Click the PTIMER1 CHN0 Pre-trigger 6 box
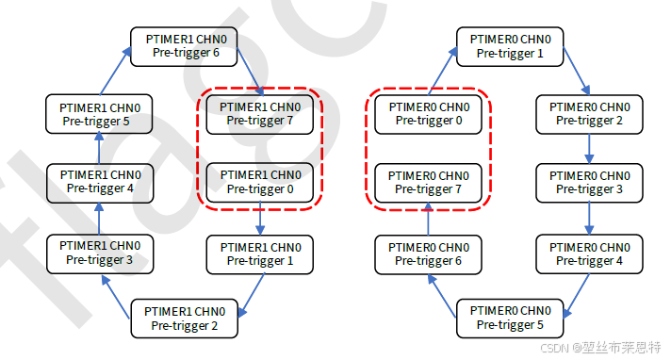(184, 45)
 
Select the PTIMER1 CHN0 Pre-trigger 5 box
(99, 114)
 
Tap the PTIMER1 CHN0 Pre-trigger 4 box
(99, 182)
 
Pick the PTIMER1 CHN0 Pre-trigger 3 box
(99, 253)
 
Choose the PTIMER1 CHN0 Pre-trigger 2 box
(185, 319)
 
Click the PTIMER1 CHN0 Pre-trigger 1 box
(259, 253)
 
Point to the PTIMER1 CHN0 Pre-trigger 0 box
(259, 182)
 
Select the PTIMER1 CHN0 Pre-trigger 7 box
(259, 114)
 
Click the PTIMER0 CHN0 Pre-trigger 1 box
(510, 45)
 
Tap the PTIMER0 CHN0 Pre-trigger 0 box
(429, 114)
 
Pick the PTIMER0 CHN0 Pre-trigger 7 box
(429, 182)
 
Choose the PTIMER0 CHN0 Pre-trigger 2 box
(589, 114)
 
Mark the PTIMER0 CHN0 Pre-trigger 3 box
(589, 182)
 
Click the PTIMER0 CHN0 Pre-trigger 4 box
(589, 253)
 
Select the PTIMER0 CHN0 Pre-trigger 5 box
(510, 319)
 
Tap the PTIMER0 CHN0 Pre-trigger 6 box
(429, 253)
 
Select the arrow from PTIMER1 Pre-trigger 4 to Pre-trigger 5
(99, 148)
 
